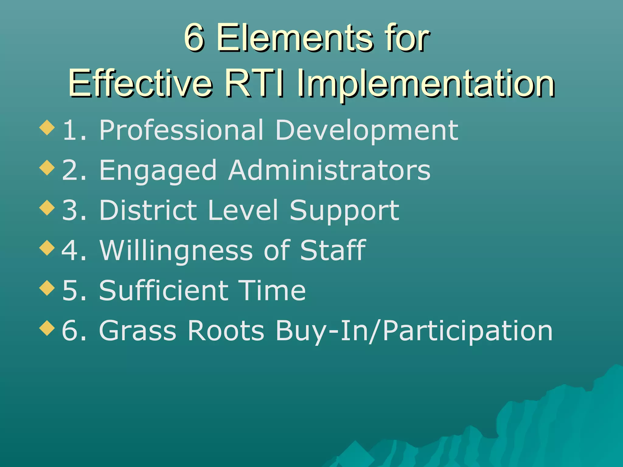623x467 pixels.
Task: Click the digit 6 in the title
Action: pyautogui.click(x=194, y=38)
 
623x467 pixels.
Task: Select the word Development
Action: pyautogui.click(x=367, y=131)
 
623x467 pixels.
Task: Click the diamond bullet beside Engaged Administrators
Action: pyautogui.click(x=47, y=168)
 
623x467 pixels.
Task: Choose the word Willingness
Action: pyautogui.click(x=176, y=251)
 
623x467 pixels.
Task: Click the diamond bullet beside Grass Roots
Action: pyautogui.click(x=47, y=328)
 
